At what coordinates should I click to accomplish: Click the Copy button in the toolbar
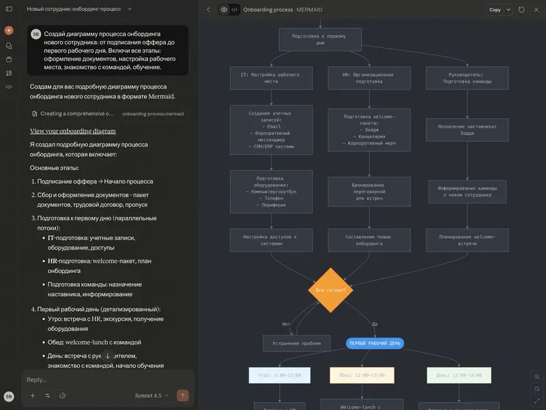[495, 10]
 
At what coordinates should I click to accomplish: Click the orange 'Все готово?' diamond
[330, 290]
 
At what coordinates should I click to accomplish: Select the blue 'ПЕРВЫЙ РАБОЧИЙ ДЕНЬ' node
[375, 343]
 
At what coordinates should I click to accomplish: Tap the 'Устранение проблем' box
[297, 343]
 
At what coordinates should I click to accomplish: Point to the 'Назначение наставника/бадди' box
[467, 130]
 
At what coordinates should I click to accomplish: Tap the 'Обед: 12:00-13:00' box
[362, 375]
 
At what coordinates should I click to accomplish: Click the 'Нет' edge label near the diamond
[286, 323]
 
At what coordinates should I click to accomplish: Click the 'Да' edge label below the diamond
[374, 323]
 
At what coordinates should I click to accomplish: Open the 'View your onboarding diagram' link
[72, 131]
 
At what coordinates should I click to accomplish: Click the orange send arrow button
[182, 395]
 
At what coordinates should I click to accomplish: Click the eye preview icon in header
[224, 10]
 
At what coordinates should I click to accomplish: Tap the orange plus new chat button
[9, 31]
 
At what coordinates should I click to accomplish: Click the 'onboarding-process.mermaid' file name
[153, 114]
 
